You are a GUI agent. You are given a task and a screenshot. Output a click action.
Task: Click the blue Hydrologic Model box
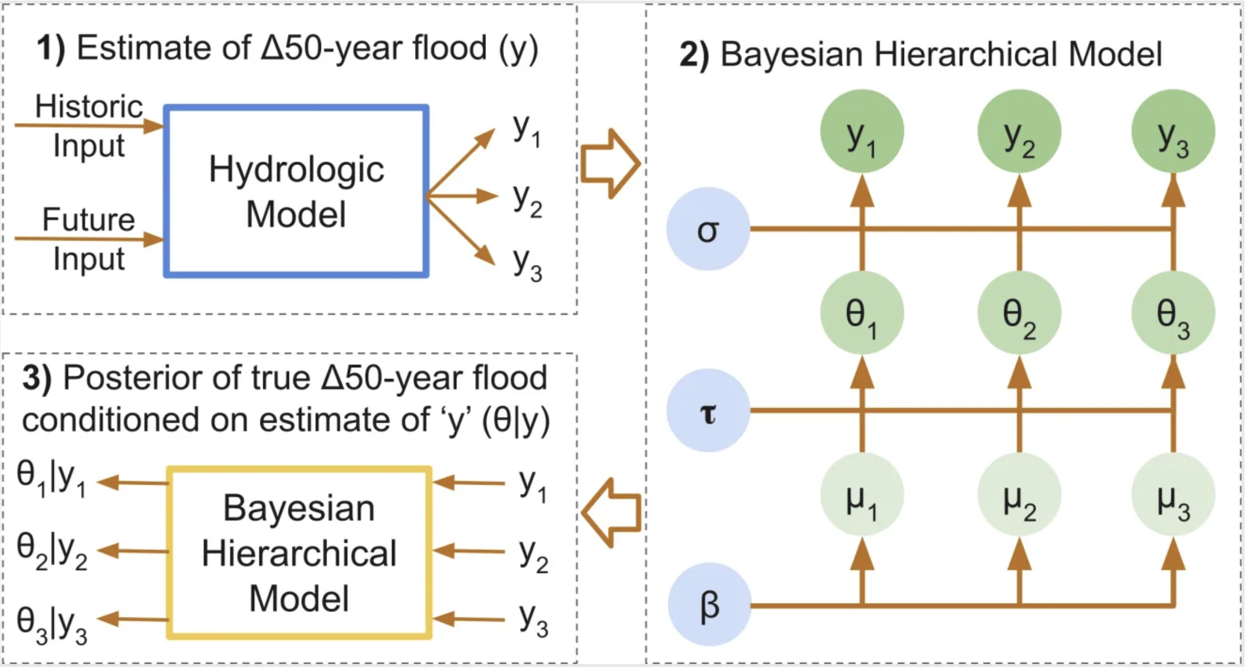click(x=296, y=191)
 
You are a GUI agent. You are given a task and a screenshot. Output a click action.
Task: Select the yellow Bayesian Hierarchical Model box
click(x=299, y=553)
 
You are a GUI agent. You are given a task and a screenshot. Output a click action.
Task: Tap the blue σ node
click(x=708, y=229)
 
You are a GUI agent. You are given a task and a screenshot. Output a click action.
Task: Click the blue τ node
click(x=708, y=411)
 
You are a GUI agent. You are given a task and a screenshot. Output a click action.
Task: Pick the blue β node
click(x=709, y=605)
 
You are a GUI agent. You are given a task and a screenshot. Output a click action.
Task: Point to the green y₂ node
click(x=1019, y=132)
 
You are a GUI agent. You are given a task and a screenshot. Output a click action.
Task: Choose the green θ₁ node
click(x=862, y=313)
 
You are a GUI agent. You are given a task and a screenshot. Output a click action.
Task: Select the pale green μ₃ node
click(x=1173, y=495)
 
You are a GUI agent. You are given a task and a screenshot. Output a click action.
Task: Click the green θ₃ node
click(x=1173, y=313)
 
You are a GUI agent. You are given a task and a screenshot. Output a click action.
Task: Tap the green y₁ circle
click(x=862, y=132)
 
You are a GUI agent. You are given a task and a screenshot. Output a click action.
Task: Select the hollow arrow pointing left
click(x=611, y=512)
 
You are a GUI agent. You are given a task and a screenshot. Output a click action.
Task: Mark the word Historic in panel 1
click(x=89, y=106)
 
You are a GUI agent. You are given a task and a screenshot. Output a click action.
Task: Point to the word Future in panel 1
click(x=89, y=220)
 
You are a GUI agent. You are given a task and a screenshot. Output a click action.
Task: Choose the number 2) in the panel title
click(x=694, y=54)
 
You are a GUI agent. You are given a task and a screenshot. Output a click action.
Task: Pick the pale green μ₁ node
click(x=862, y=495)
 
